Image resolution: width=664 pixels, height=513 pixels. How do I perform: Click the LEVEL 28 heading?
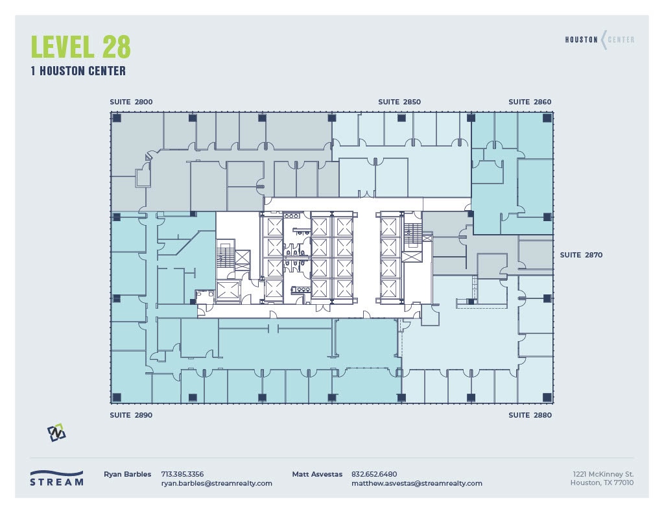pos(81,47)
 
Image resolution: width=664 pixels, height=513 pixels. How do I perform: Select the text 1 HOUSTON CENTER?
pos(78,71)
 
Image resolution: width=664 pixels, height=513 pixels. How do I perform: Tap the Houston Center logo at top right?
pos(599,40)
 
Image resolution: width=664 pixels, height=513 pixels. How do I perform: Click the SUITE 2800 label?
pos(131,102)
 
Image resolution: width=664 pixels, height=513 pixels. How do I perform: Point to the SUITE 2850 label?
pos(399,102)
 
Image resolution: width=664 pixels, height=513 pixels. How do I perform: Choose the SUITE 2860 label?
pos(530,102)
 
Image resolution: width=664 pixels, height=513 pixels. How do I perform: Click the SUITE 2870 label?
pos(581,255)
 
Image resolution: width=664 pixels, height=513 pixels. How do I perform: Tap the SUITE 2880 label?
pos(530,415)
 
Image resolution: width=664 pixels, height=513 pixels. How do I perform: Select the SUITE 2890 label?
pos(131,415)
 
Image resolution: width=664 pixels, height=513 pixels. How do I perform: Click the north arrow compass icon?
pos(56,433)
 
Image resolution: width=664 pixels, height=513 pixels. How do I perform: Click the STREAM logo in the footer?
pos(57,478)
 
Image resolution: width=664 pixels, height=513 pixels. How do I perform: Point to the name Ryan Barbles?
pos(127,474)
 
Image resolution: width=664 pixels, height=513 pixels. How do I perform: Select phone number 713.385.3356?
pos(182,474)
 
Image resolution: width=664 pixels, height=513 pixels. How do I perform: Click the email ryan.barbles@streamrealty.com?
pos(217,483)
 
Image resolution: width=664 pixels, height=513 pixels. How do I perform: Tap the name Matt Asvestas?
pos(317,474)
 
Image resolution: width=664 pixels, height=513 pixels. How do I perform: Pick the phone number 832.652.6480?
pos(374,474)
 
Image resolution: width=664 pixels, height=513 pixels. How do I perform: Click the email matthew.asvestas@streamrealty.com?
pos(416,483)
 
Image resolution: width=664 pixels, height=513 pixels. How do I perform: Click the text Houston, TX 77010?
pos(602,483)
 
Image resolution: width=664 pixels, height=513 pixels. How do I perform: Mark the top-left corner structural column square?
pos(117,118)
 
